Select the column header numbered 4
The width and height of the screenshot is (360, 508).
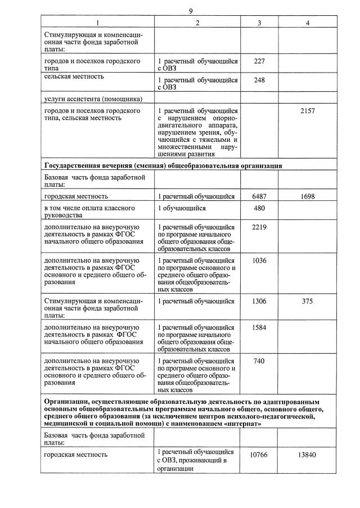pyautogui.click(x=307, y=23)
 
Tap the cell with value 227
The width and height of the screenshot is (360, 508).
pyautogui.click(x=259, y=60)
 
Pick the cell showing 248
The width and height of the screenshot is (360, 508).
pyautogui.click(x=259, y=80)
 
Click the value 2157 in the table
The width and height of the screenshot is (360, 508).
pyautogui.click(x=307, y=111)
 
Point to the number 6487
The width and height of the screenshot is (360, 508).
pyautogui.click(x=259, y=196)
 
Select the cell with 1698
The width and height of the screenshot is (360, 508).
pyautogui.click(x=307, y=196)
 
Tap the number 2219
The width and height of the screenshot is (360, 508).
pyautogui.click(x=259, y=227)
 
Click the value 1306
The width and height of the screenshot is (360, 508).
pyautogui.click(x=259, y=301)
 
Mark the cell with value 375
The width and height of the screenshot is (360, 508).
pyautogui.click(x=307, y=301)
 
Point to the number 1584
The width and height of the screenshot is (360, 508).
pyautogui.click(x=259, y=327)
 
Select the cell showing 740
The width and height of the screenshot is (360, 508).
pyautogui.click(x=259, y=361)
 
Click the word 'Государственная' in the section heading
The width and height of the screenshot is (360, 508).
pyautogui.click(x=73, y=166)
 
